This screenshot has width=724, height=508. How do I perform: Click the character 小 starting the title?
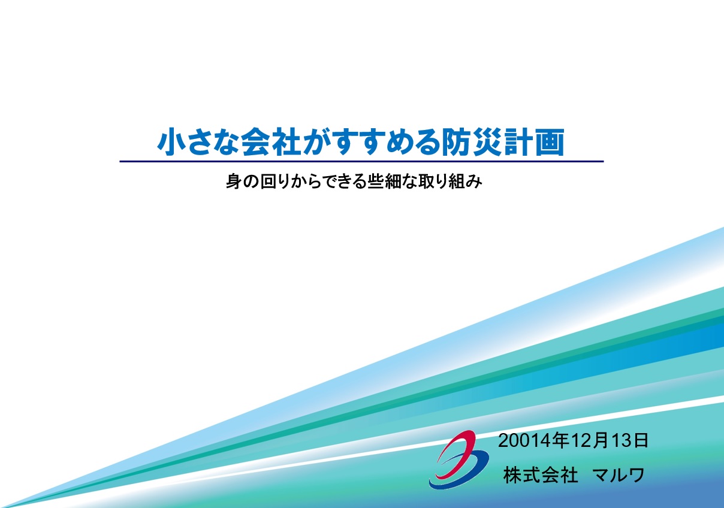pyautogui.click(x=171, y=142)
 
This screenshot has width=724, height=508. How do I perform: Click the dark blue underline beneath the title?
pyautogui.click(x=361, y=161)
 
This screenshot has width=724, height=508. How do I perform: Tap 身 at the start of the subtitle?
pyautogui.click(x=233, y=182)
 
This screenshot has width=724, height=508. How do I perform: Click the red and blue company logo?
pyautogui.click(x=459, y=459)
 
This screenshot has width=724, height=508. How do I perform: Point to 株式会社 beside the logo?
pyautogui.click(x=541, y=475)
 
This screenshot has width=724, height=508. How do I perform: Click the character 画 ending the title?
pyautogui.click(x=550, y=142)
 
